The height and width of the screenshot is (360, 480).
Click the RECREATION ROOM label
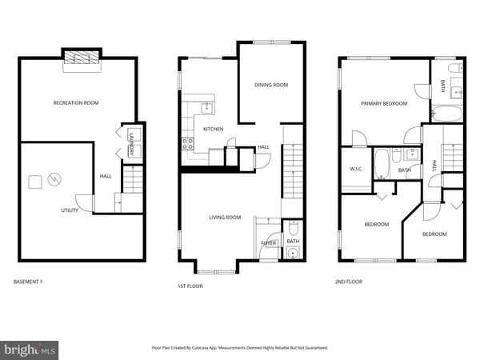75,103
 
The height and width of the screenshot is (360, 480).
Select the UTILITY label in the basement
70,210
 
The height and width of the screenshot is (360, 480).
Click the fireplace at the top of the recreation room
82,58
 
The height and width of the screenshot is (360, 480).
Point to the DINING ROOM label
270,85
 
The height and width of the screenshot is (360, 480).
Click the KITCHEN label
213,129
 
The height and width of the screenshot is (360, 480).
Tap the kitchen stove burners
188,145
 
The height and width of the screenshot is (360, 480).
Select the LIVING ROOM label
225,217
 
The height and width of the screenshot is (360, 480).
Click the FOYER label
267,242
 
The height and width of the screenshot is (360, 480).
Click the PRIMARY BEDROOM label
383,103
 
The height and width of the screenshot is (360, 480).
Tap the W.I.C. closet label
357,169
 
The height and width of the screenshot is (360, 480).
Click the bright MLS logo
30,349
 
